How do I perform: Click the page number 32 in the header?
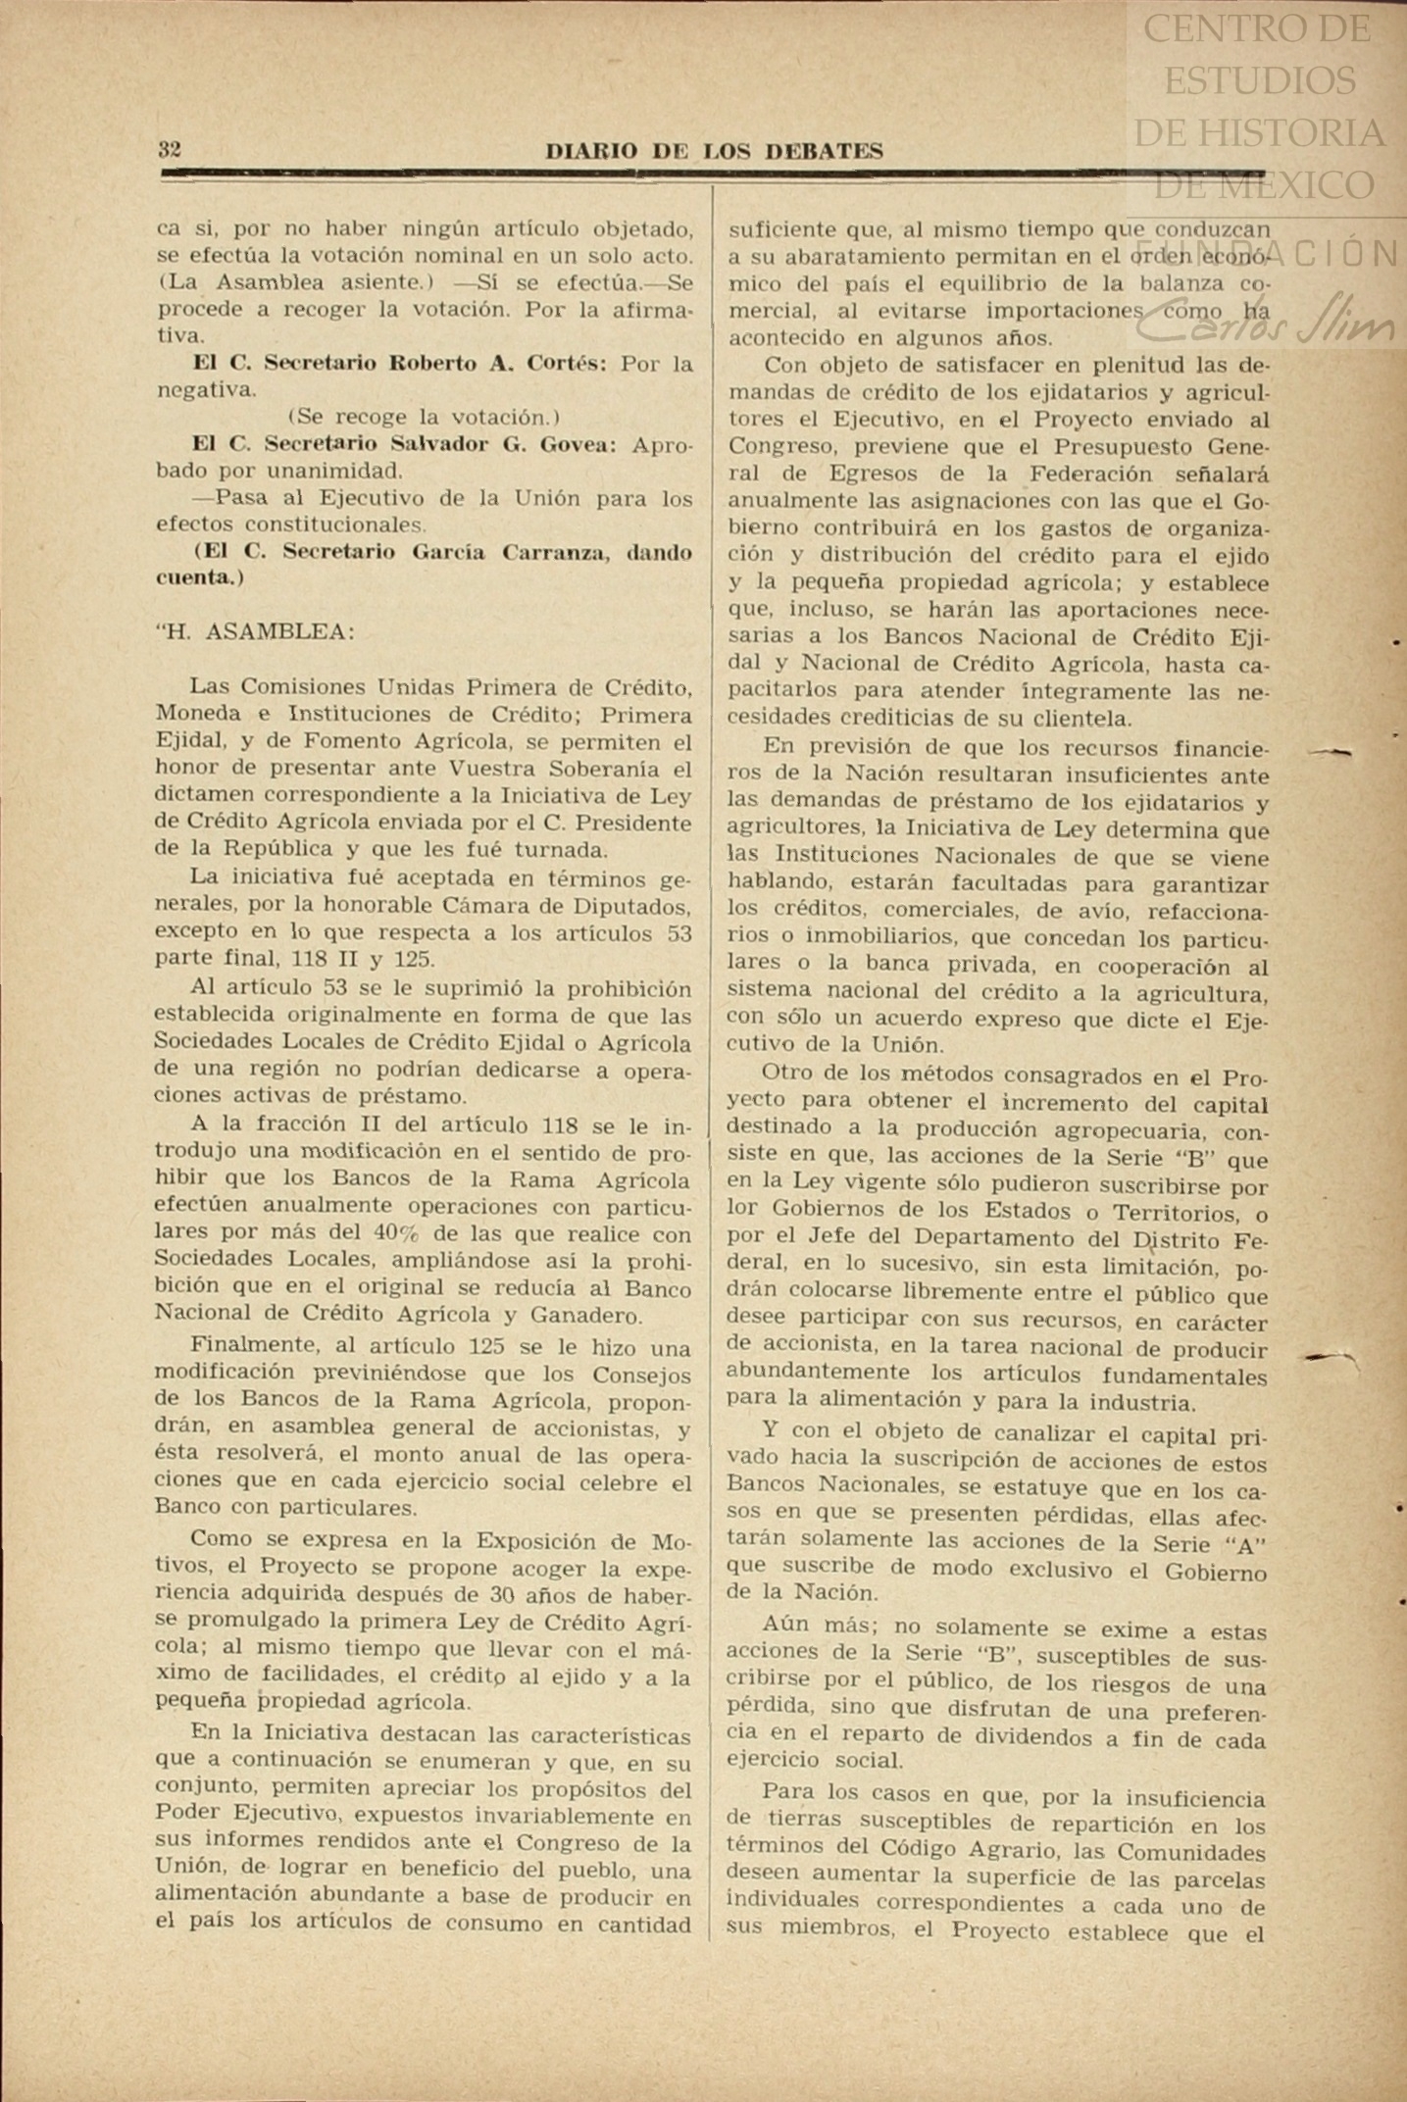tap(169, 150)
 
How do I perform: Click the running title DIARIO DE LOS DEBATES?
tap(714, 151)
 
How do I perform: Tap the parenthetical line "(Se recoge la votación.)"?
tap(424, 417)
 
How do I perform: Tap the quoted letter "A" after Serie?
tap(1245, 1541)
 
